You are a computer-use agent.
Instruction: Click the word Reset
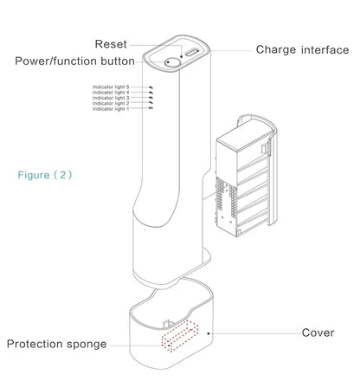[111, 44]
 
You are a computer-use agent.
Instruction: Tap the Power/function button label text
[74, 61]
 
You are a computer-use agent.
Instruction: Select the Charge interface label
[302, 49]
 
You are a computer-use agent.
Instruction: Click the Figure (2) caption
[45, 175]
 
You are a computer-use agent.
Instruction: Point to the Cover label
[318, 333]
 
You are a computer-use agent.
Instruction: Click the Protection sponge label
[56, 344]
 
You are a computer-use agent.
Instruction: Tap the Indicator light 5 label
[111, 87]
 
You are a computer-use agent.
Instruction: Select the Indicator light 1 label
[111, 109]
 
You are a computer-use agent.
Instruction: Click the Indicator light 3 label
[111, 98]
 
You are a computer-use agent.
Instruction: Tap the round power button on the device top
[172, 62]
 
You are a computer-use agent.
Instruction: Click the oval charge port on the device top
[192, 53]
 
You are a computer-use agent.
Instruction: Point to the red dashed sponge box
[180, 337]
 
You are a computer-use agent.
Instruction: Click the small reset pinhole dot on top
[182, 56]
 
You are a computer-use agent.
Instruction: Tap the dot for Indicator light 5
[151, 87]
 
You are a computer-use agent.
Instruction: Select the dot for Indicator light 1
[151, 108]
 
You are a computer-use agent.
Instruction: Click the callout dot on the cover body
[209, 333]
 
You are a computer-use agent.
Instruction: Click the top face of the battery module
[244, 139]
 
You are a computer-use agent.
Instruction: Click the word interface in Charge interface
[325, 49]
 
